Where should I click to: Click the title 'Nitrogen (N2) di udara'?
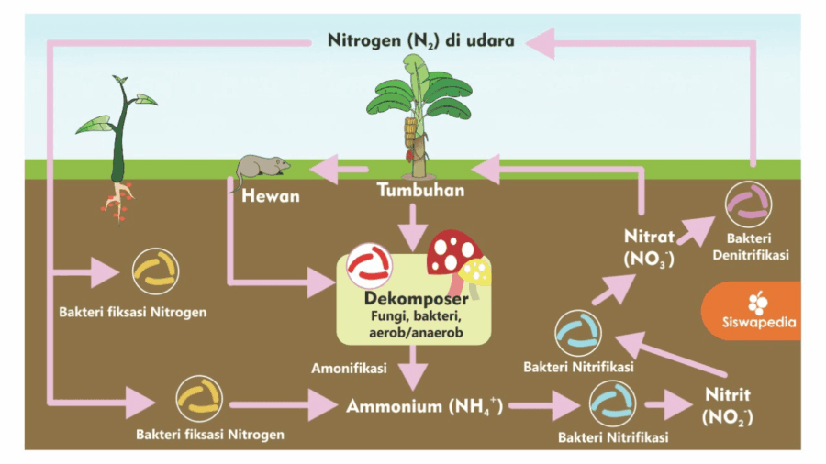pos(420,41)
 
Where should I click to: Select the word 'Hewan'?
pos(270,196)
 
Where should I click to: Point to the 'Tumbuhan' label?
pos(420,191)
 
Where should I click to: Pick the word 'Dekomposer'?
pos(417,300)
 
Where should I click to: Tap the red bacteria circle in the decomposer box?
pos(369,266)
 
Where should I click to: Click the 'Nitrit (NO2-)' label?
pos(728,405)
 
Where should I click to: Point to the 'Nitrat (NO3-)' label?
pos(649,247)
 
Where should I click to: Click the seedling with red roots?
pos(117,147)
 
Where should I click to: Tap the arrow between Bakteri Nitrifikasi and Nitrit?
pos(666,404)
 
